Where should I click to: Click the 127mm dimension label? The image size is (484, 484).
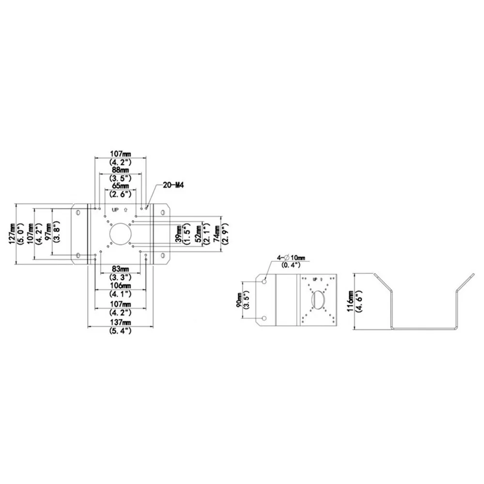click(13, 234)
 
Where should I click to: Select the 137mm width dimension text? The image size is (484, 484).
click(121, 322)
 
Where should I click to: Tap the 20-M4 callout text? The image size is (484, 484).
click(173, 185)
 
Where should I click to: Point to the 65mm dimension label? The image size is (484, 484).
click(121, 186)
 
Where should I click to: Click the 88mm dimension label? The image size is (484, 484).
click(121, 170)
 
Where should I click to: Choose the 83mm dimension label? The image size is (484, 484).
click(121, 269)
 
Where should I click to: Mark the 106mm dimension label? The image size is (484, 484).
click(121, 286)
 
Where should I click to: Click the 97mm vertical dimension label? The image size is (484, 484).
click(48, 231)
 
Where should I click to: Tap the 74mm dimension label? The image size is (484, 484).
click(217, 234)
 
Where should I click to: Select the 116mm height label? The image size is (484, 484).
click(350, 301)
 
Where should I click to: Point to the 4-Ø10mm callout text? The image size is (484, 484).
click(291, 257)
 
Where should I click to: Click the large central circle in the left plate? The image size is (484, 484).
click(121, 234)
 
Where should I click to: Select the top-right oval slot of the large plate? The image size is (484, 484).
click(163, 212)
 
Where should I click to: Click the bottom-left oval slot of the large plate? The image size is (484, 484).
click(78, 256)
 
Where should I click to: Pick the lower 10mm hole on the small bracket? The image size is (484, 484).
click(264, 318)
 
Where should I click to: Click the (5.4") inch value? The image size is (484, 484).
click(121, 331)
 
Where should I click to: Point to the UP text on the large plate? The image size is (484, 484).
click(115, 210)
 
